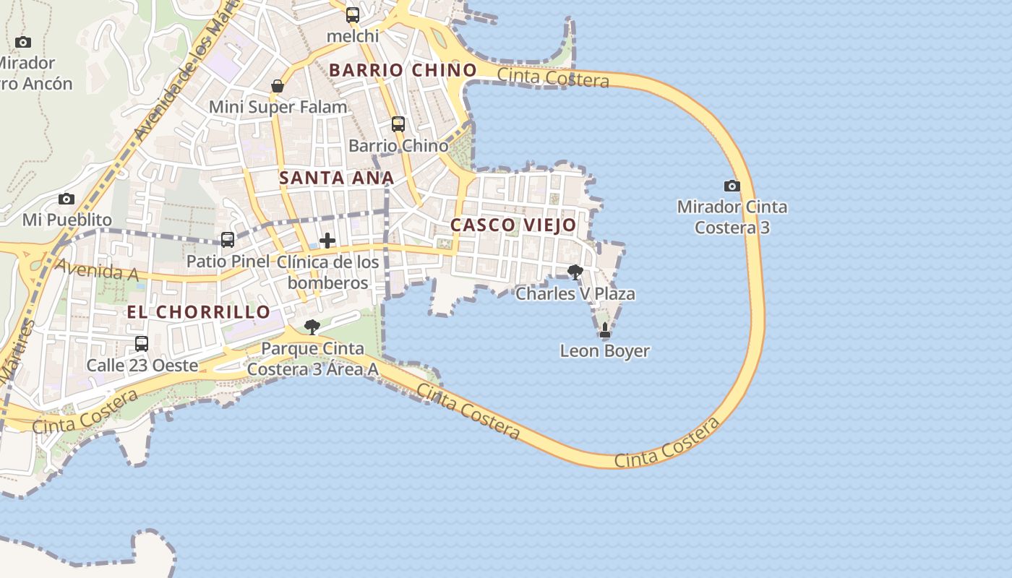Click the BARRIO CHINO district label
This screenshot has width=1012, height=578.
click(403, 70)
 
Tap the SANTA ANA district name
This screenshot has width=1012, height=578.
click(337, 178)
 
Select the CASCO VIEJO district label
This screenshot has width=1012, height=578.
click(513, 225)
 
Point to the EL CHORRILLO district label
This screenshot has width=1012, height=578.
click(199, 312)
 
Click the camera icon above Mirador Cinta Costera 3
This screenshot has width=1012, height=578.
click(732, 186)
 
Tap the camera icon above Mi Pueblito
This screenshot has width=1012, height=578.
click(67, 199)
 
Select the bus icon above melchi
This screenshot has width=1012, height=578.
click(352, 14)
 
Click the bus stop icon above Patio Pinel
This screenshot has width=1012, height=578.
click(228, 239)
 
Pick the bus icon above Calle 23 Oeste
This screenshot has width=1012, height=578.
click(142, 344)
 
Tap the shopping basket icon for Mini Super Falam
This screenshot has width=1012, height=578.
click(278, 86)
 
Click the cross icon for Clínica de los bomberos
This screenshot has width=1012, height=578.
click(327, 240)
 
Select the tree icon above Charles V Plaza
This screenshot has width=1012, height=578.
click(575, 272)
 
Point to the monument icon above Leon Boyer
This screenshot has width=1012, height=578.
click(605, 330)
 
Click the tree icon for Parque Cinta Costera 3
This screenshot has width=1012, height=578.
click(312, 327)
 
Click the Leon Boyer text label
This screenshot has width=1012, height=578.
click(605, 352)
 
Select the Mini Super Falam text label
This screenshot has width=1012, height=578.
click(278, 108)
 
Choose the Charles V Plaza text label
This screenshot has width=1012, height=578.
click(575, 294)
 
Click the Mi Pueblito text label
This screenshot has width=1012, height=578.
click(67, 220)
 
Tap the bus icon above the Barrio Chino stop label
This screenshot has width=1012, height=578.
click(398, 124)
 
